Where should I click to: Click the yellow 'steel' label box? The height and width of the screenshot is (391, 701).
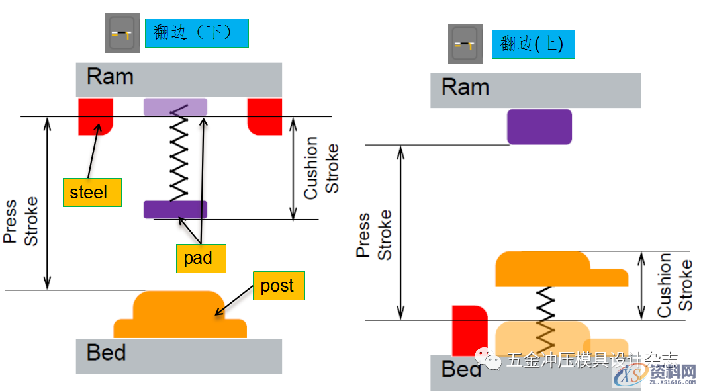point(92,192)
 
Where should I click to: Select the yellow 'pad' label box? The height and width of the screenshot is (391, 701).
point(201,258)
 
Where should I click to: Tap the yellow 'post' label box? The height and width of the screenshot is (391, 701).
point(278,286)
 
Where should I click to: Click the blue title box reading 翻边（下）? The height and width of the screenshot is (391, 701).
point(197,32)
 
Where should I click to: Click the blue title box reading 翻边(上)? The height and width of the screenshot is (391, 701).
point(533,44)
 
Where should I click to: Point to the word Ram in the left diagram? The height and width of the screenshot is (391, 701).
point(110,77)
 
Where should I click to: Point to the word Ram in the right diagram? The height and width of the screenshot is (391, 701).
point(465,87)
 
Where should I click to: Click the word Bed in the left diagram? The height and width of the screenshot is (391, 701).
point(106,352)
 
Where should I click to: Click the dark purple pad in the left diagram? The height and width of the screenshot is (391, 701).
point(175,209)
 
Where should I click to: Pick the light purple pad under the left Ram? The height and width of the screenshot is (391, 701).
point(175,107)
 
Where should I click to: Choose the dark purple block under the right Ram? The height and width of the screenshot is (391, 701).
point(539,126)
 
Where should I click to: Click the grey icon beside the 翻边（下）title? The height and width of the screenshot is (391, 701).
point(122,33)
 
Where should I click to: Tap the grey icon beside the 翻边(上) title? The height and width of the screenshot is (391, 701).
point(465,44)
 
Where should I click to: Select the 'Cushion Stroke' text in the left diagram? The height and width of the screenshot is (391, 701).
point(320,168)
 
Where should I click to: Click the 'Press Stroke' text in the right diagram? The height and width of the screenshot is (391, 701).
point(374,235)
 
